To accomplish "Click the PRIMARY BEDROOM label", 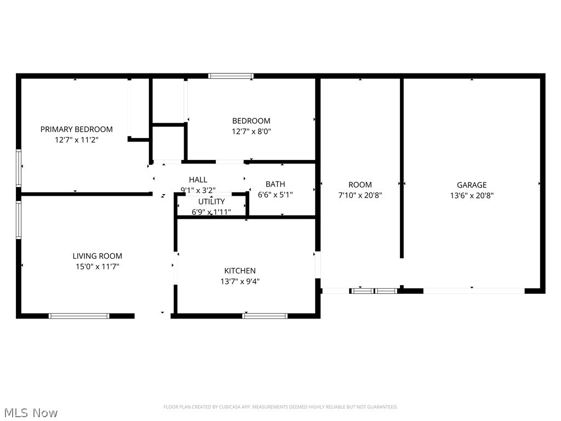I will [x=76, y=129].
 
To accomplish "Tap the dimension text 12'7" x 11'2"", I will [x=76, y=140].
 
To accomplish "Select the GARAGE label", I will [x=472, y=185].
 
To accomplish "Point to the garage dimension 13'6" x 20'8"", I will [x=472, y=195].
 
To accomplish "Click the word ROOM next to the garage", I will [x=360, y=185].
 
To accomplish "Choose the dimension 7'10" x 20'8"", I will [x=360, y=195].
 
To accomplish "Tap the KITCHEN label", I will [x=240, y=271].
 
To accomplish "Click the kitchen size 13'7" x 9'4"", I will [x=240, y=281].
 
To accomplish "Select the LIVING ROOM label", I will [x=98, y=256].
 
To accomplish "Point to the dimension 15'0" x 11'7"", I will [x=98, y=266].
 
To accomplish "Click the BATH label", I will [x=275, y=184].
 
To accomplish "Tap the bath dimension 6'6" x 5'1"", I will [x=275, y=195].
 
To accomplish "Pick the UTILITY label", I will [x=211, y=202].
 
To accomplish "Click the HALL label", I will [x=198, y=180].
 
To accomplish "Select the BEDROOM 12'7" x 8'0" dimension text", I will [x=251, y=132].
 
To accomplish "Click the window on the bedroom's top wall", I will [x=231, y=76].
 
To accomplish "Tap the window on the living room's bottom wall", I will [x=79, y=316].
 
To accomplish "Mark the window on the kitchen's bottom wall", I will [x=265, y=316].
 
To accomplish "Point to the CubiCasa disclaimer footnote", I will [x=280, y=407].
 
